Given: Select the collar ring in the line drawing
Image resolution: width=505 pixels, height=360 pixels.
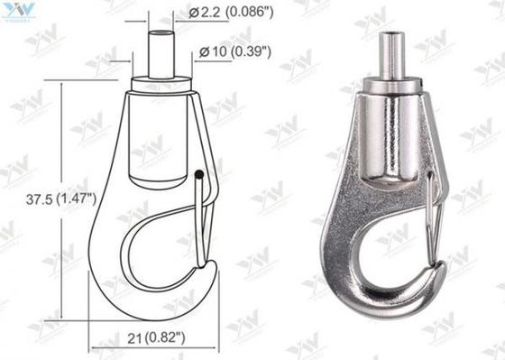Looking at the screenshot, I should click(x=161, y=85).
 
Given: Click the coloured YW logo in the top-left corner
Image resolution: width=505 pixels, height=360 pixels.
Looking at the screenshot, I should click(x=17, y=12).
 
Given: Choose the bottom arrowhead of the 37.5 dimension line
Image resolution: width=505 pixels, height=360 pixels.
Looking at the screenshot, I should click(x=62, y=315).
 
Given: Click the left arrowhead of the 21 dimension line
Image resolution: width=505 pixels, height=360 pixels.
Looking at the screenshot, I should click(x=93, y=347).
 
